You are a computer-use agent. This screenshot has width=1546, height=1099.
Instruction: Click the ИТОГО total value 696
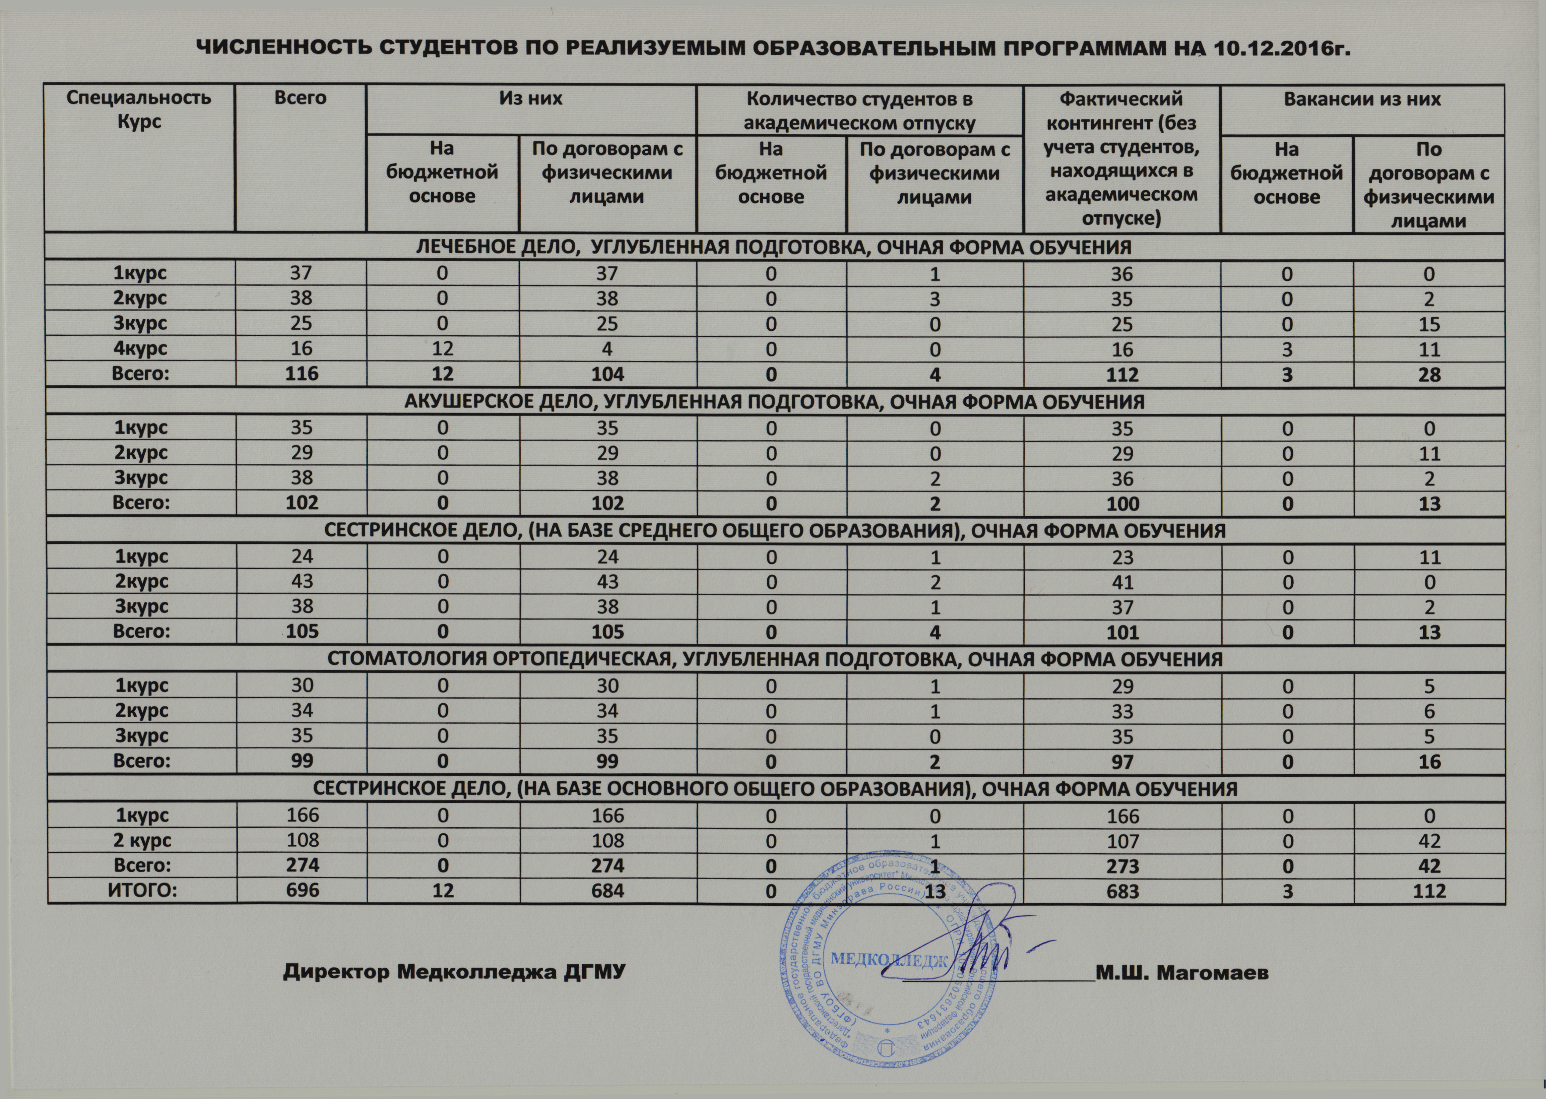click(302, 890)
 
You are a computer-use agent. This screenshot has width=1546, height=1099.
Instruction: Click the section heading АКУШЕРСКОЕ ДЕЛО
click(774, 402)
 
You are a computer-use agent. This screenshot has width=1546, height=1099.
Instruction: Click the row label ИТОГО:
click(142, 890)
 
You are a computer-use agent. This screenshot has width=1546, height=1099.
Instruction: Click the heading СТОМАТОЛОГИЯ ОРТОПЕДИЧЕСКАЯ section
click(774, 660)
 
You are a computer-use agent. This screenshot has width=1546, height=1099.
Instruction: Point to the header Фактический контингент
click(1121, 158)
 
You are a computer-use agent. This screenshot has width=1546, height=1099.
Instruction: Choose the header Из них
click(531, 99)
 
